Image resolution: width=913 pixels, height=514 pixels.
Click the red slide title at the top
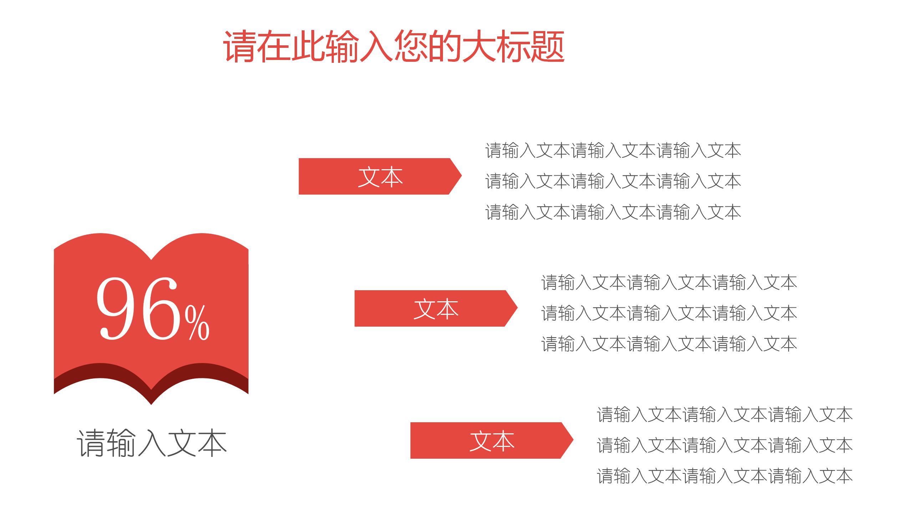(x=394, y=47)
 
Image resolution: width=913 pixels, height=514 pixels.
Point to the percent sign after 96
(x=197, y=323)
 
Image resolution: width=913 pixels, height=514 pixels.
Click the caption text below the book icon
(x=152, y=443)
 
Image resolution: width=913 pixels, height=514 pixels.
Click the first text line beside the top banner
(x=613, y=151)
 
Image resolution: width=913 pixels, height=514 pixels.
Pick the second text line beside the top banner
(x=613, y=181)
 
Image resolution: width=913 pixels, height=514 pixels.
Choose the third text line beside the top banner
(x=613, y=212)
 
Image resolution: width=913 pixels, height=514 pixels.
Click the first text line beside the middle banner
(x=669, y=283)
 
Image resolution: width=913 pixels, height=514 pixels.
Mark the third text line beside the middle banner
(x=669, y=344)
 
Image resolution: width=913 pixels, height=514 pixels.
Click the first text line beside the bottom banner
(x=724, y=415)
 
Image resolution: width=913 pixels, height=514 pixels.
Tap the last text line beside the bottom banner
(x=724, y=476)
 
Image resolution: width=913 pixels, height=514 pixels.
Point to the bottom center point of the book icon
(x=151, y=403)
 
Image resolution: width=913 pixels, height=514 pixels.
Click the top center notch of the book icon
(x=151, y=258)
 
